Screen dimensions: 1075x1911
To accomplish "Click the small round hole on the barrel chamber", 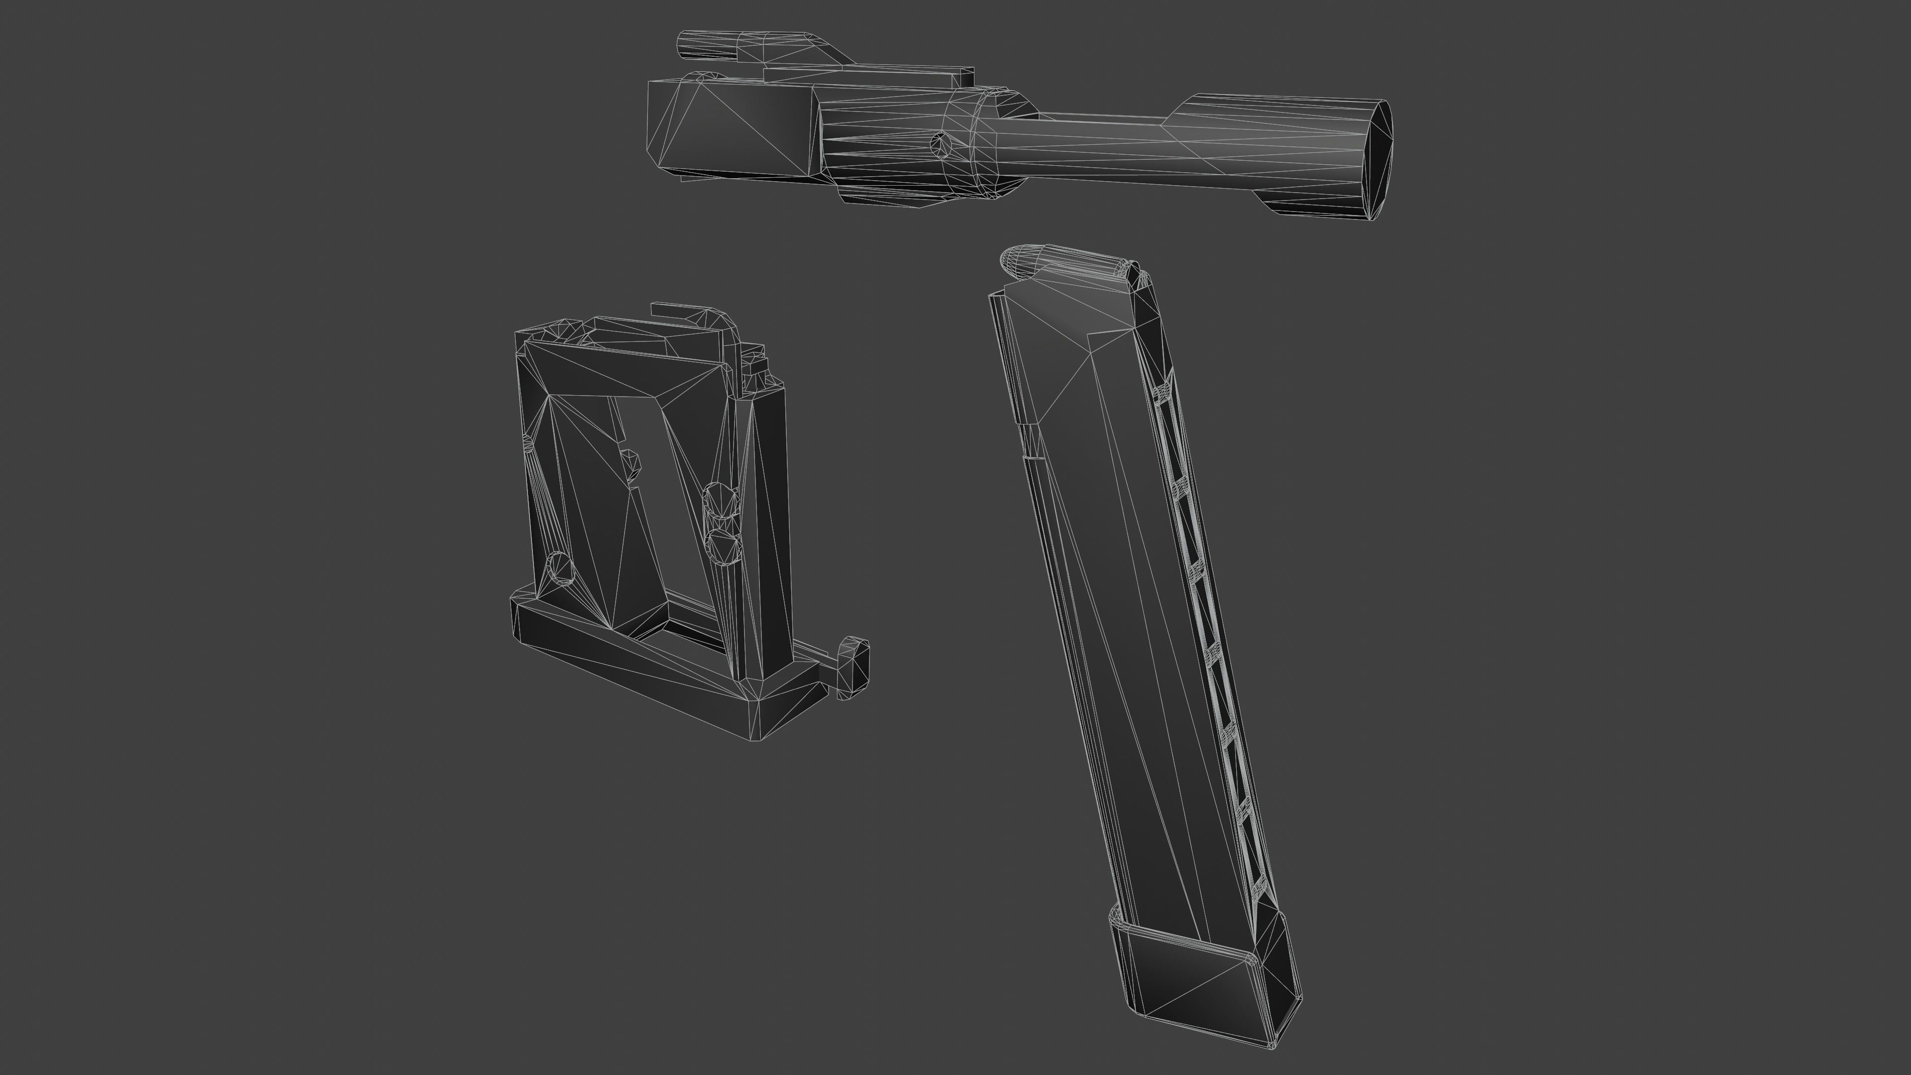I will pos(940,142).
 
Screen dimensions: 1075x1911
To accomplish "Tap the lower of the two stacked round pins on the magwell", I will pos(723,545).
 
